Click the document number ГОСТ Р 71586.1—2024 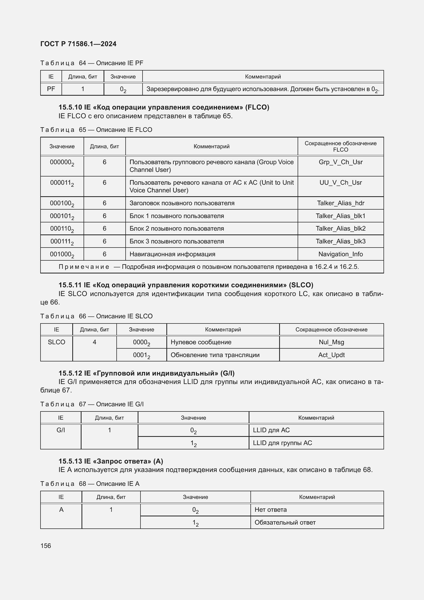(78, 44)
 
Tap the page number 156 (46, 546)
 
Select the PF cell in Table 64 (51, 89)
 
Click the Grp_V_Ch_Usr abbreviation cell (340, 162)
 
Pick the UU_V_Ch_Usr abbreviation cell (340, 182)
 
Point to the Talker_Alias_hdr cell (340, 203)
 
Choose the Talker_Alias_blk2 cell (340, 228)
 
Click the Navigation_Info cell (340, 254)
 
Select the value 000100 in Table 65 (62, 203)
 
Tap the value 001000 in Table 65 (62, 254)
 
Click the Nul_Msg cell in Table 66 (331, 342)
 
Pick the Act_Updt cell (331, 355)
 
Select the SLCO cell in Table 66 (56, 342)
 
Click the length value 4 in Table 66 (95, 342)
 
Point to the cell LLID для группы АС (282, 443)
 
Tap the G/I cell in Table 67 (60, 430)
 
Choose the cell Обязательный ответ (285, 522)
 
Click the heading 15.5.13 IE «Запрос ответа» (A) (111, 461)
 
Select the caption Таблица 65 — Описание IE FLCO (96, 130)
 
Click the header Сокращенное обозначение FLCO (340, 146)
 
